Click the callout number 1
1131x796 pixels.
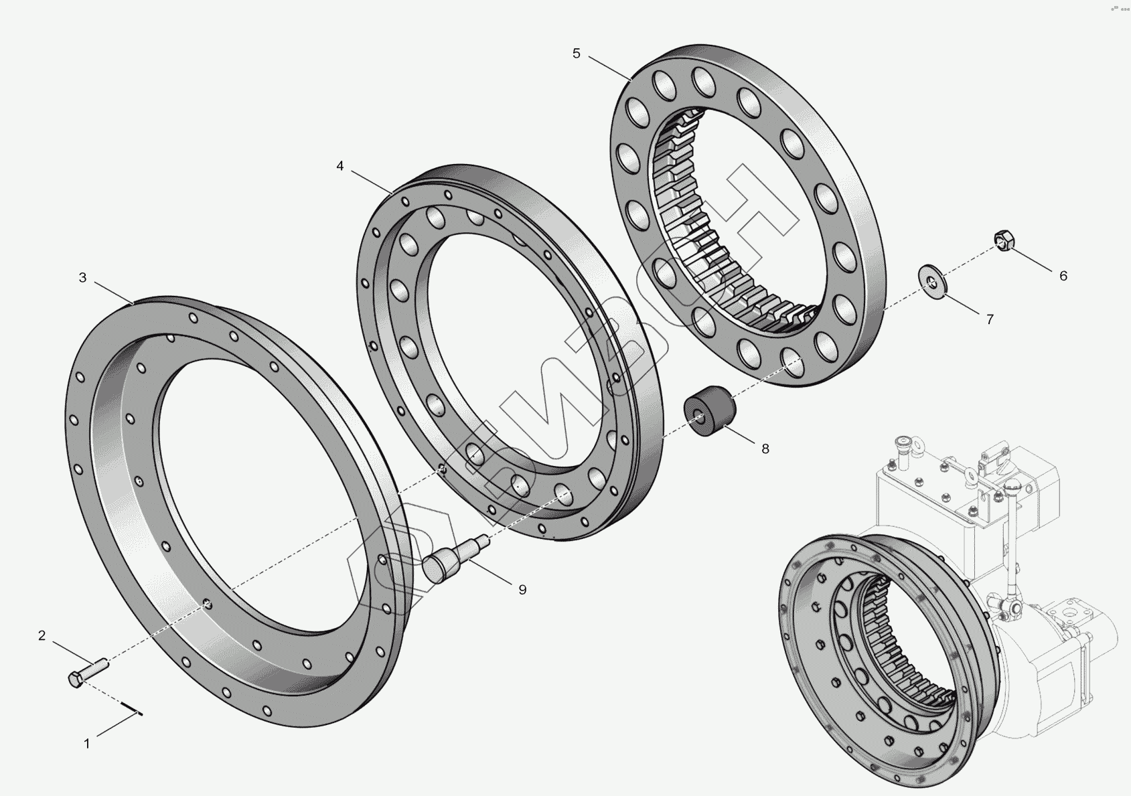pyautogui.click(x=87, y=744)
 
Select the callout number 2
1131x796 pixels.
pyautogui.click(x=42, y=635)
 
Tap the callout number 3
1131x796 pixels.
pyautogui.click(x=83, y=277)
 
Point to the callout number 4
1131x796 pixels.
pyautogui.click(x=340, y=165)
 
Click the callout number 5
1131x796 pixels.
pyautogui.click(x=577, y=53)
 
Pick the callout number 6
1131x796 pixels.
pyautogui.click(x=1063, y=276)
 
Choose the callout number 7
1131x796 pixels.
pyautogui.click(x=990, y=319)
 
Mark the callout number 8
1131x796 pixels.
pyautogui.click(x=765, y=449)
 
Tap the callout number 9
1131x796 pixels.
pyautogui.click(x=522, y=590)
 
